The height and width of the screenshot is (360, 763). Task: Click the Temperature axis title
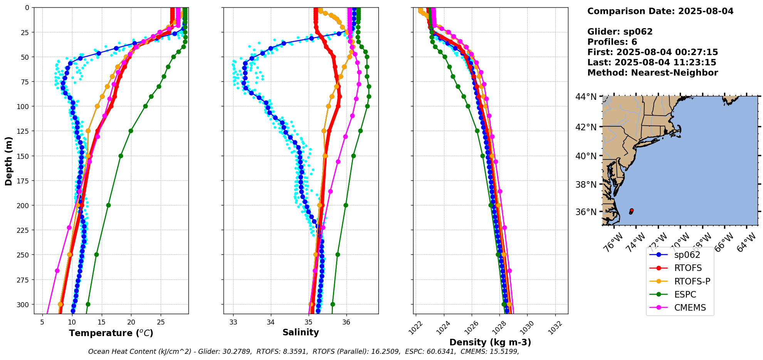tap(111, 333)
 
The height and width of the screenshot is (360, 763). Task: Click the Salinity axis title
tap(301, 333)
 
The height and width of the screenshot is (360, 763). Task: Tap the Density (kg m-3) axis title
tap(490, 342)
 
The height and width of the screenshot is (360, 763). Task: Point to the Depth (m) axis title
tap(8, 161)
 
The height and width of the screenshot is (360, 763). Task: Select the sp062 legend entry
tap(687, 255)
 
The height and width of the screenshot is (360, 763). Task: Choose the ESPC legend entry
tap(685, 294)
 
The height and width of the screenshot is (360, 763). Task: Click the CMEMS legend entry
tap(690, 308)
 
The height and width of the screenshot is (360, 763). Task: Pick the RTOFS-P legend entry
tap(692, 281)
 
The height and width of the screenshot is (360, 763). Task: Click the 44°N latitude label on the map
tap(586, 97)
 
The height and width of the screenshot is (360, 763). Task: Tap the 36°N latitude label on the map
tap(586, 212)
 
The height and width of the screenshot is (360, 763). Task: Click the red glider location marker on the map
tap(632, 210)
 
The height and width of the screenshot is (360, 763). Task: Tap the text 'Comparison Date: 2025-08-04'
tap(660, 11)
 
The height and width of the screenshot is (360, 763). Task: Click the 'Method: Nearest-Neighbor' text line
tap(652, 73)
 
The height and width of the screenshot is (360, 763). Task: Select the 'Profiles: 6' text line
tap(612, 42)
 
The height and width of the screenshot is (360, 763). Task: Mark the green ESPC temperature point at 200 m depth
tap(108, 205)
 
